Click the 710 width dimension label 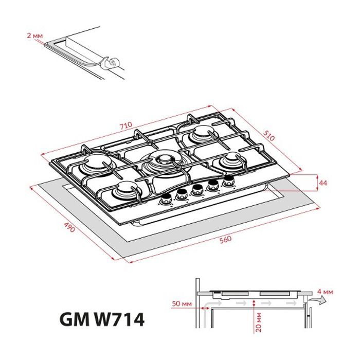click(x=126, y=125)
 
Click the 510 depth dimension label click(x=269, y=136)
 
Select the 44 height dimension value click(x=323, y=183)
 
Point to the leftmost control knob click(x=165, y=200)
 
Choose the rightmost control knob click(x=228, y=180)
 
